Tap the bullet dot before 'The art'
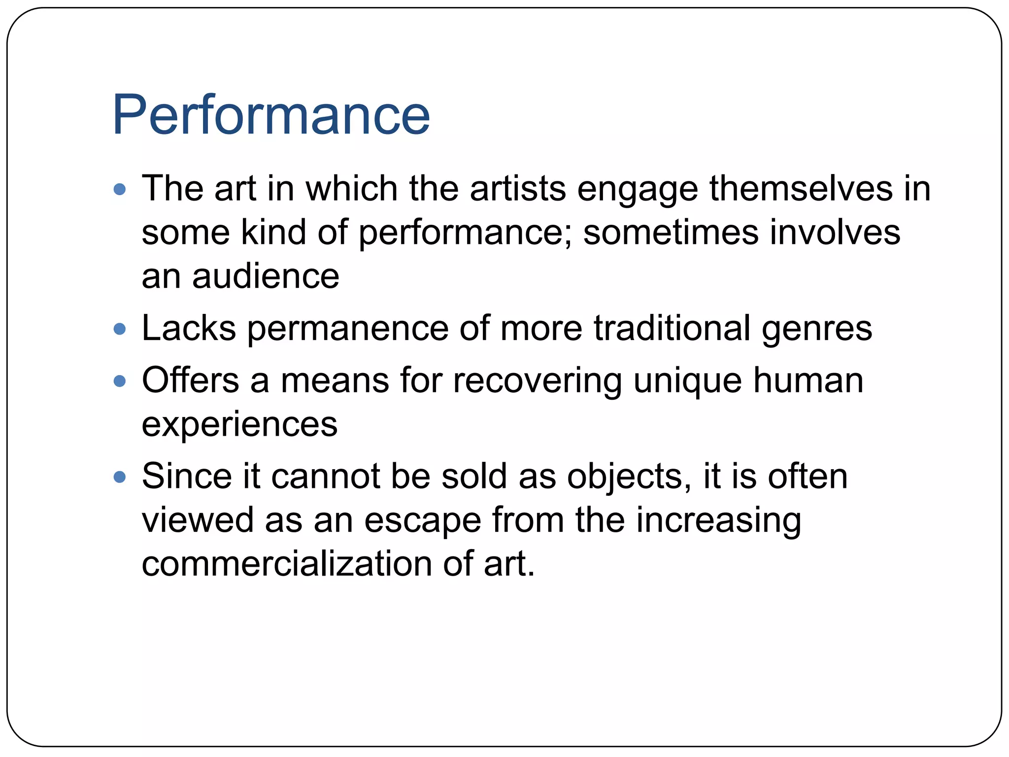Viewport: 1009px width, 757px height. [x=120, y=189]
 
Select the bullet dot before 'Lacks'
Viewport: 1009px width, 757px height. [x=120, y=329]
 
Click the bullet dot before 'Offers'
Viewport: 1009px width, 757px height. [x=120, y=380]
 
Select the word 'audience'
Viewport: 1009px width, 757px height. [x=266, y=276]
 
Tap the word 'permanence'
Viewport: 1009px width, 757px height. [x=348, y=329]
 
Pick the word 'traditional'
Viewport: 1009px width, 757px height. [x=672, y=329]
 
